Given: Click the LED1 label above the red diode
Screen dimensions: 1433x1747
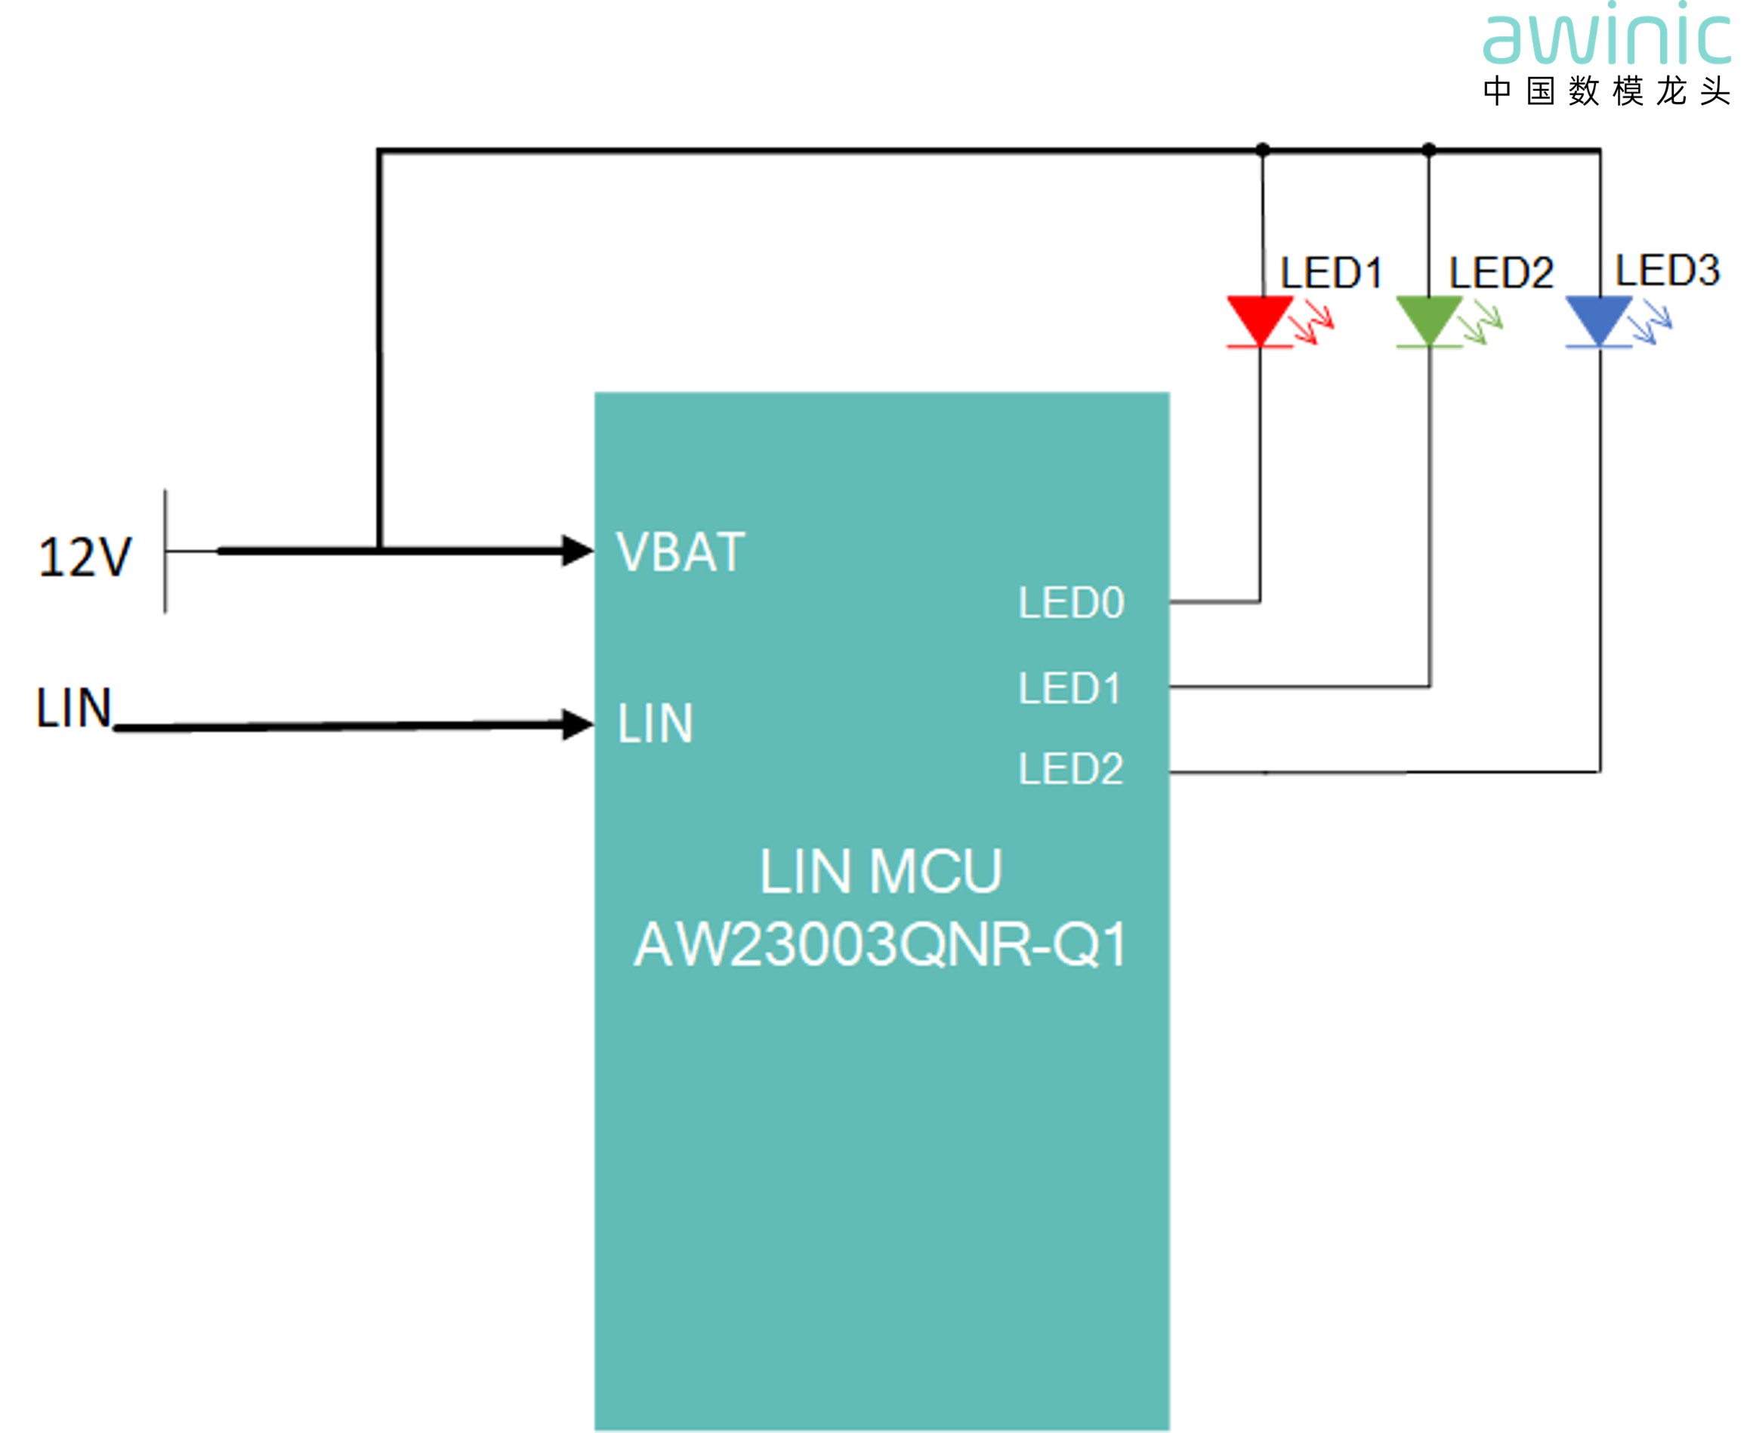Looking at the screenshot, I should point(1331,273).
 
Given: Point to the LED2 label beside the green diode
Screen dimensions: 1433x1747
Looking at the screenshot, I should point(1501,273).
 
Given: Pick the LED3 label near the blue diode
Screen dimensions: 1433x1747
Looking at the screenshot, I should point(1667,270).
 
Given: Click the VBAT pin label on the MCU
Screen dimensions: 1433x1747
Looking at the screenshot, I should point(681,551).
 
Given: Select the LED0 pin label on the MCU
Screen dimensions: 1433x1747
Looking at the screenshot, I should point(1071,603).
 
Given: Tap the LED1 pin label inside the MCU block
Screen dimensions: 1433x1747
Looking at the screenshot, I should point(1069,687).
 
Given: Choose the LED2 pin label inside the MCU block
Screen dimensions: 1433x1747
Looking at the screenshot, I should point(1070,768).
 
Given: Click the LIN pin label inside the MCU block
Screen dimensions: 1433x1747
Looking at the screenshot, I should point(656,723).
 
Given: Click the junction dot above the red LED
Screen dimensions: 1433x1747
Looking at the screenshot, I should point(1263,150).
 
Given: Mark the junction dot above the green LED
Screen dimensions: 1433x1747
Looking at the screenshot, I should point(1429,150).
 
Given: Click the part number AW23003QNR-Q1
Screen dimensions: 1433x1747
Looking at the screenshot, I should point(880,944).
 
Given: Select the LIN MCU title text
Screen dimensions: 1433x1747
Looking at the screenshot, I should point(881,871).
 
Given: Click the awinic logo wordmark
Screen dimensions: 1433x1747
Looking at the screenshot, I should point(1606,36).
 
